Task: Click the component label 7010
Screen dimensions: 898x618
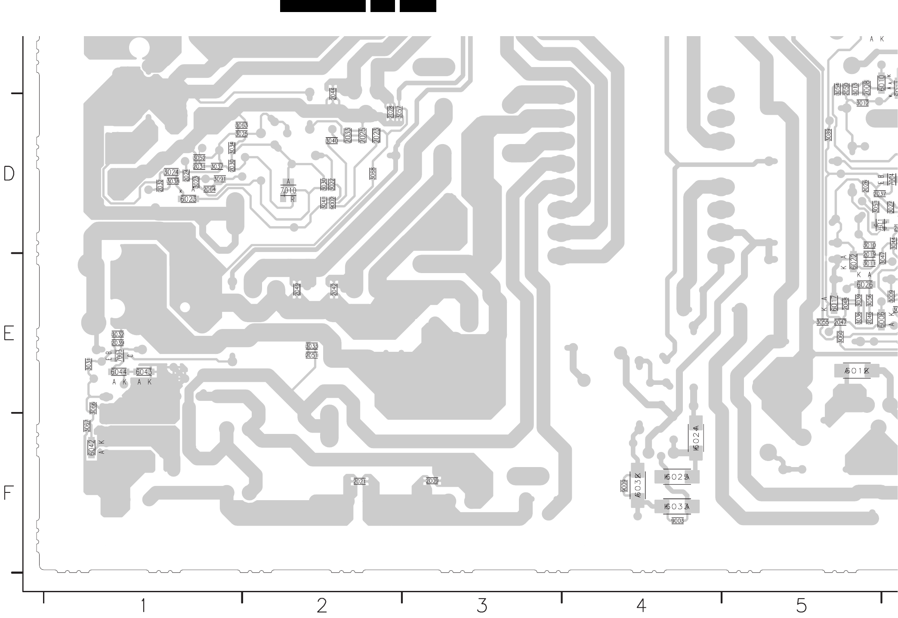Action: (288, 191)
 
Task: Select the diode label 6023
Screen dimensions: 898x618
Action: (188, 199)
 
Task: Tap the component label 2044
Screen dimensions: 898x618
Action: (333, 94)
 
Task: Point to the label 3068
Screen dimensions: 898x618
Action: (373, 173)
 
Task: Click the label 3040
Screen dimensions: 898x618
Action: (332, 141)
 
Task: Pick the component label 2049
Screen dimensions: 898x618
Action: (297, 290)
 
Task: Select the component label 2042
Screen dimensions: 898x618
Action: (334, 290)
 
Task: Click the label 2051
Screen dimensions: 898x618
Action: (312, 356)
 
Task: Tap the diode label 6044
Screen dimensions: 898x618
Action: (119, 372)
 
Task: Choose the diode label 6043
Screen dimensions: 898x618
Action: (144, 372)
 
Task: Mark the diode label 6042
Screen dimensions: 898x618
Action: (91, 448)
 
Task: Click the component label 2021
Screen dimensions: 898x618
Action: (359, 482)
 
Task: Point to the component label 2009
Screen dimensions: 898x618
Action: (432, 481)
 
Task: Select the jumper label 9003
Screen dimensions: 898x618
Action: (677, 521)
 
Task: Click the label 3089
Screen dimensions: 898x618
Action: (828, 135)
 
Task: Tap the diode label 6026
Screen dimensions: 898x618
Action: (864, 285)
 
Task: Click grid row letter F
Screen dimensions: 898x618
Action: (9, 493)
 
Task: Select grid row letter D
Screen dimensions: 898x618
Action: (9, 173)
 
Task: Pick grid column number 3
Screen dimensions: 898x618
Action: (482, 606)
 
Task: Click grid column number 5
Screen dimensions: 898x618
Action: (801, 606)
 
